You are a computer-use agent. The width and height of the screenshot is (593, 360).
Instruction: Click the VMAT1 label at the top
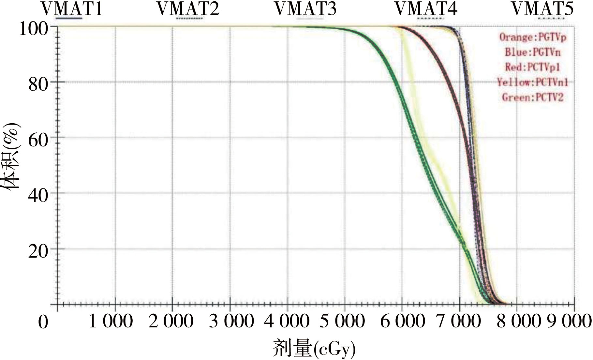point(72,9)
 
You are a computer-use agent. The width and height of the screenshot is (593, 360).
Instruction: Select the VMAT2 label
point(188,9)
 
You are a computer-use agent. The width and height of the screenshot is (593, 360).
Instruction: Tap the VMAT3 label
point(305,9)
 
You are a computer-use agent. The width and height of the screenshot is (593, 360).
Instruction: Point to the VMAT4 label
point(426,9)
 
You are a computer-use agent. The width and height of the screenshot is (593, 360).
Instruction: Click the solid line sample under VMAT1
point(69,18)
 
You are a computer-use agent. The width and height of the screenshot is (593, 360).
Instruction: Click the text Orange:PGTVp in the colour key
point(533,37)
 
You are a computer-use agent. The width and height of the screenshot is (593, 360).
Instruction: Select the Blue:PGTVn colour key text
point(533,52)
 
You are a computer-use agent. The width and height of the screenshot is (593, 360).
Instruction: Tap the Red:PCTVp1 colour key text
point(533,67)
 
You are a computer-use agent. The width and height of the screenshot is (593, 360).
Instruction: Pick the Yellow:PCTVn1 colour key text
point(533,82)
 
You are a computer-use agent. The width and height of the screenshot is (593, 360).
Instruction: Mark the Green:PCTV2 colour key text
point(533,97)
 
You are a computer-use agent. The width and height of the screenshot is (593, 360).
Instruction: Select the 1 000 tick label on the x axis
point(111,321)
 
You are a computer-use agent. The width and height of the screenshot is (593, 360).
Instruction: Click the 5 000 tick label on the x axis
point(342,321)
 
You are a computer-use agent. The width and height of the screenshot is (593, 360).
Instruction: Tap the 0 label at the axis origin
point(43,322)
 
